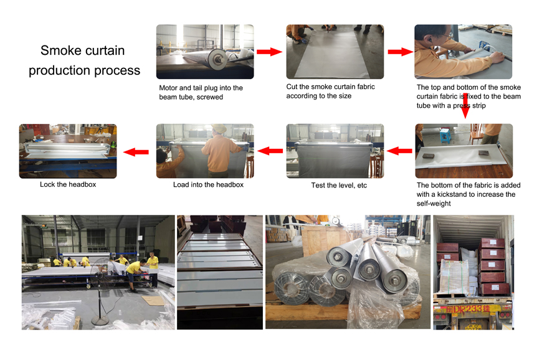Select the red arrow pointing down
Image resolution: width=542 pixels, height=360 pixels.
coord(465,106)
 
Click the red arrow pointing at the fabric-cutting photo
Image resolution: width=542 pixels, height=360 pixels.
coord(270,52)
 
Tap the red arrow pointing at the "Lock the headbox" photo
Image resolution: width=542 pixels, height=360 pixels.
coord(136,152)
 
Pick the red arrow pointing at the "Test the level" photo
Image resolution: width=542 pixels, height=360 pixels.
coord(399,151)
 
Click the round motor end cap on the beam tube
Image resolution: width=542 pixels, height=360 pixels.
coord(217,59)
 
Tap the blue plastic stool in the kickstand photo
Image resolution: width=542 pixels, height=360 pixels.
coord(445,135)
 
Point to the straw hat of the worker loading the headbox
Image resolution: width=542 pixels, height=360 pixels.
coord(219,128)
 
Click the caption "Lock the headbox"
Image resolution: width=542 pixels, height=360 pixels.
coord(68,184)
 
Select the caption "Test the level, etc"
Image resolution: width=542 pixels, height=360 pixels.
coord(339,185)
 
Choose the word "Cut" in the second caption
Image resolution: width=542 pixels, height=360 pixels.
coord(292,87)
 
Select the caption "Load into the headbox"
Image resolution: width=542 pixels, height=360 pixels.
coord(209,185)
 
